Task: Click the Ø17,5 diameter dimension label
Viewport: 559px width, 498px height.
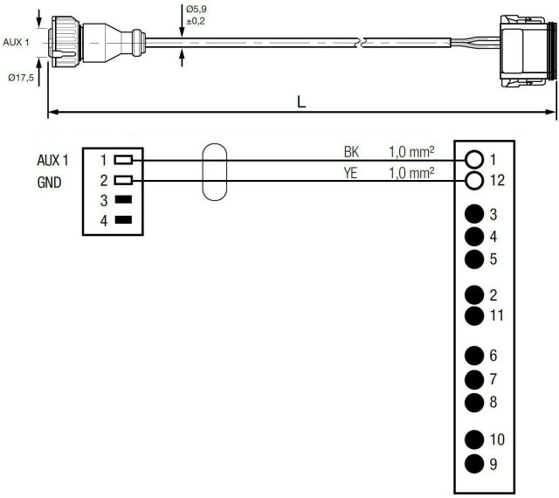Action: (x=21, y=78)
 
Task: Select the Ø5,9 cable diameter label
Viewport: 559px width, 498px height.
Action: (x=196, y=9)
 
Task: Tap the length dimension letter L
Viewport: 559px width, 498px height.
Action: (x=301, y=103)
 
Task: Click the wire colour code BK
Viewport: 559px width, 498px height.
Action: (x=351, y=152)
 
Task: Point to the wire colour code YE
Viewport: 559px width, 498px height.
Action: (x=350, y=173)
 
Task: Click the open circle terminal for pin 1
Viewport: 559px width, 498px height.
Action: (x=474, y=160)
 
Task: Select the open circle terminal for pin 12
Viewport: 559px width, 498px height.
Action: (x=474, y=181)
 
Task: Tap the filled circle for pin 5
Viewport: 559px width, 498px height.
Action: (x=474, y=259)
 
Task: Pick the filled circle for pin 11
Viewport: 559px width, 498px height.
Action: (x=474, y=316)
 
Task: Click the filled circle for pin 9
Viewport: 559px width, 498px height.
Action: (x=474, y=464)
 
